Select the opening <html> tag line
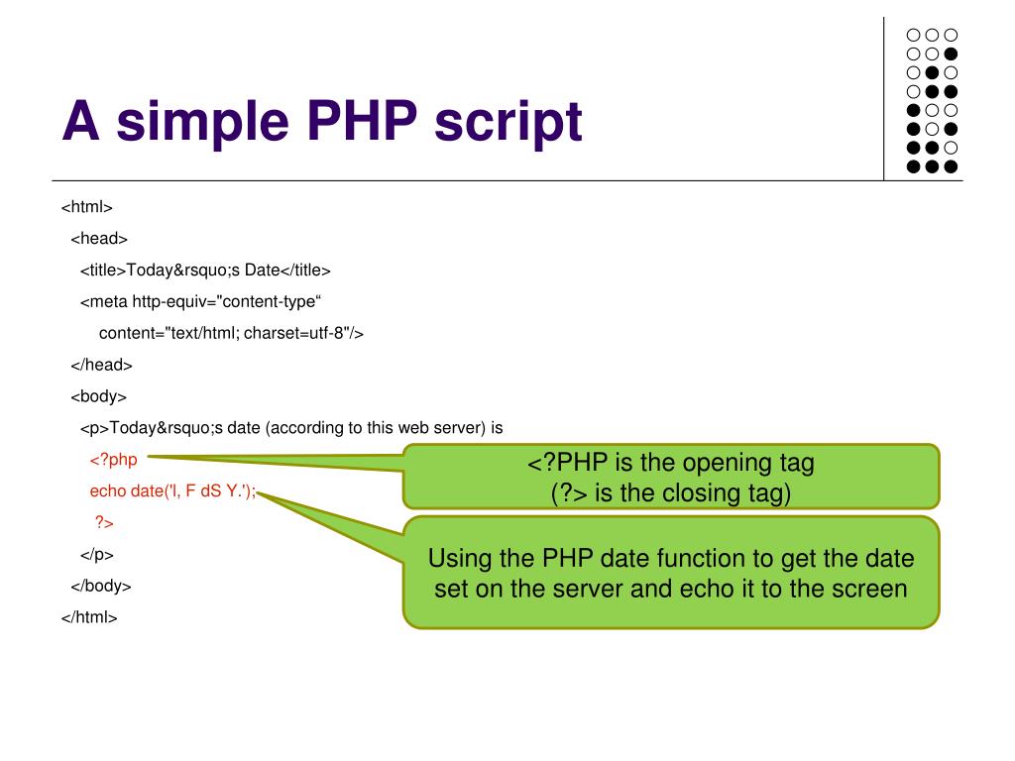87,207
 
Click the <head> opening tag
99,238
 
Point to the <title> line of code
205,270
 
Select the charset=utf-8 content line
231,333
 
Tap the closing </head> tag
101,365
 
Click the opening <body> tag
99,396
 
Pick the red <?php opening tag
113,460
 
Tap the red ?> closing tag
104,522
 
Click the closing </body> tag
101,586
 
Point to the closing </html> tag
89,617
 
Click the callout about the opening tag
671,477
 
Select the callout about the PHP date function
671,573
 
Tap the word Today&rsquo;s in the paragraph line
167,428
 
